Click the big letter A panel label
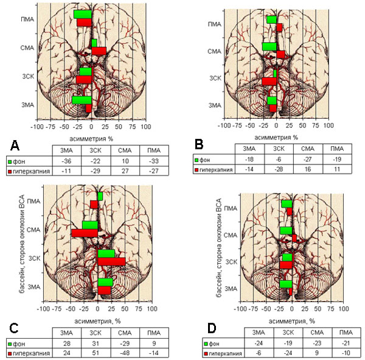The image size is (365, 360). (15, 146)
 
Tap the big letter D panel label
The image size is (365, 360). (212, 328)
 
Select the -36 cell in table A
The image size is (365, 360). (66, 161)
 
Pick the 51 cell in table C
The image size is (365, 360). (96, 353)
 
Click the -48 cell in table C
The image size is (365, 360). (125, 353)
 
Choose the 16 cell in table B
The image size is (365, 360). (308, 169)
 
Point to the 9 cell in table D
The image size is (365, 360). (317, 353)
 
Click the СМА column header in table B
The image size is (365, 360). (308, 149)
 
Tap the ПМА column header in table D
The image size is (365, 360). (346, 332)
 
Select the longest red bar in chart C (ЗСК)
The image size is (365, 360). (112, 261)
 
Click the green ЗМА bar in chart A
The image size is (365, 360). (82, 100)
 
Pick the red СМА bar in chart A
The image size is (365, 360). (99, 51)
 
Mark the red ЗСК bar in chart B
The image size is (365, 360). (269, 82)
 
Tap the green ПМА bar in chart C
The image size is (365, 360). (100, 196)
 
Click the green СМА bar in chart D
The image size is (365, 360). (286, 231)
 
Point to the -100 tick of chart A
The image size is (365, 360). (37, 127)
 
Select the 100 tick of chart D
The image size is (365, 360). (344, 309)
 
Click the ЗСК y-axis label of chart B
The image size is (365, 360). (215, 78)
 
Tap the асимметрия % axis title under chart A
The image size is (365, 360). (91, 139)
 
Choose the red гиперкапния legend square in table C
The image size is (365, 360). (10, 353)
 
